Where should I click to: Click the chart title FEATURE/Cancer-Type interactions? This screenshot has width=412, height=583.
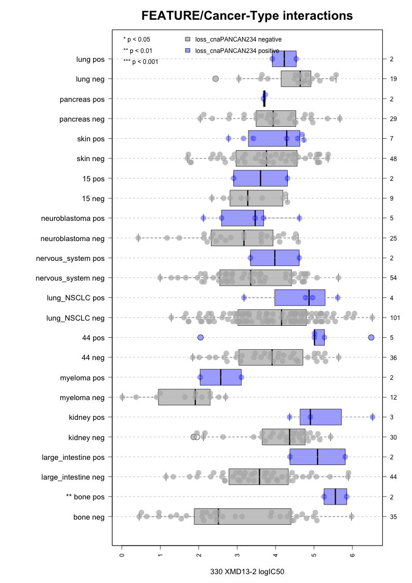247,16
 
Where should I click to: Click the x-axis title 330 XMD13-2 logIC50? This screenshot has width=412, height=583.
247,572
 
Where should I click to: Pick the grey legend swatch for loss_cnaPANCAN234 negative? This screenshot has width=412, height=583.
188,39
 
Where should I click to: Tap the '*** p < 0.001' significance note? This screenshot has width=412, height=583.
141,62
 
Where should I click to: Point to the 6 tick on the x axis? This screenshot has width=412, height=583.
352,555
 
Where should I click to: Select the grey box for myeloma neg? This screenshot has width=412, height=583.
184,398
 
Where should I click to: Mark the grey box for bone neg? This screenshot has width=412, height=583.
243,516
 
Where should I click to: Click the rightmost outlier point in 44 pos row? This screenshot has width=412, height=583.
371,338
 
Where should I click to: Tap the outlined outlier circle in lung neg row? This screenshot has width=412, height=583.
216,79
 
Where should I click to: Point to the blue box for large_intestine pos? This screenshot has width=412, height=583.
317,457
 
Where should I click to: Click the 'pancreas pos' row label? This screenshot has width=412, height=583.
82,99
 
